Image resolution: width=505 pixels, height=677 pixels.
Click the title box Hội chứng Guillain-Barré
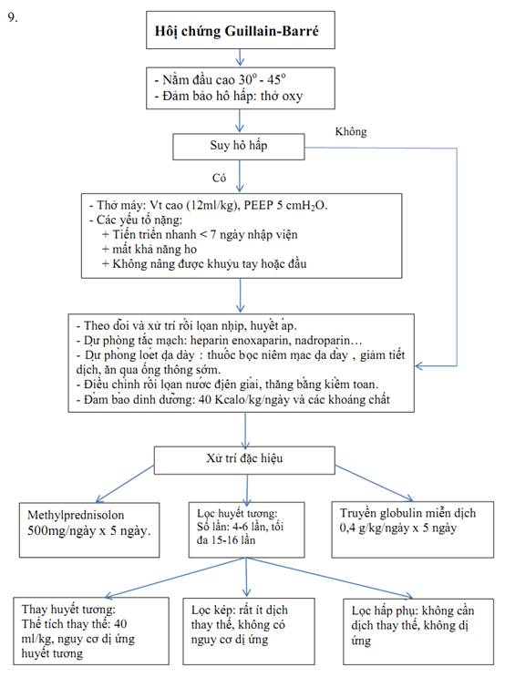[241, 30]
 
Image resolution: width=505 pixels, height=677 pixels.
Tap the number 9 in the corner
[13, 17]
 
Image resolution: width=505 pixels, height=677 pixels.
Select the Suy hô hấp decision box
[239, 147]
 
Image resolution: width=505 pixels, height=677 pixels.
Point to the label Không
[351, 132]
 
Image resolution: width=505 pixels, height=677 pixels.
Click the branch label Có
[219, 178]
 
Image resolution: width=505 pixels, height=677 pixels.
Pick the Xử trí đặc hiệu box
[244, 460]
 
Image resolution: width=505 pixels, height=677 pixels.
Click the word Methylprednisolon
[76, 515]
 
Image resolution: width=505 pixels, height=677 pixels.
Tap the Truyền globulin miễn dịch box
[413, 529]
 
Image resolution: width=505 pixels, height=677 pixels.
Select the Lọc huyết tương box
[247, 529]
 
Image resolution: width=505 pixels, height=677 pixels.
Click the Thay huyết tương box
[91, 631]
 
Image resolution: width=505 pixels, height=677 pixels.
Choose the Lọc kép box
[249, 631]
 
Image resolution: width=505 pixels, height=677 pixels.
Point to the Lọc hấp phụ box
[418, 631]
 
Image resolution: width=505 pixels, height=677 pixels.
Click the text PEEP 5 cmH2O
[285, 205]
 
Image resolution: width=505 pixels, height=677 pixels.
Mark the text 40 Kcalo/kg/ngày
[243, 399]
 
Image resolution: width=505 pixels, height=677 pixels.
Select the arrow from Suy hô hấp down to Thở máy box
[240, 176]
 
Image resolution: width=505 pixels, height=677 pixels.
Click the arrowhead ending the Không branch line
[418, 366]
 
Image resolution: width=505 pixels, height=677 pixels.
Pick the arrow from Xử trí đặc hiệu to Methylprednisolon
[125, 484]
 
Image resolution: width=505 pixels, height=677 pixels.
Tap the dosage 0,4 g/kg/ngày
[374, 528]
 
